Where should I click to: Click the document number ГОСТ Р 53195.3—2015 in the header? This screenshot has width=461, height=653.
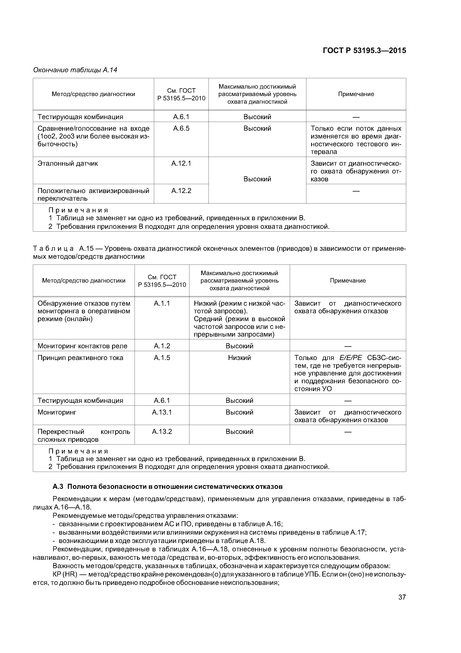pyautogui.click(x=364, y=51)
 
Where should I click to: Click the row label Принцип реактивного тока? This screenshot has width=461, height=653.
pyautogui.click(x=80, y=358)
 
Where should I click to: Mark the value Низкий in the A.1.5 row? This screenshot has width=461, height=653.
pyautogui.click(x=239, y=358)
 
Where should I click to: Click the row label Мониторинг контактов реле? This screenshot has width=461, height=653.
pyautogui.click(x=82, y=346)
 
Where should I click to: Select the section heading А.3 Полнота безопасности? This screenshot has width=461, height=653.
pyautogui.click(x=168, y=487)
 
